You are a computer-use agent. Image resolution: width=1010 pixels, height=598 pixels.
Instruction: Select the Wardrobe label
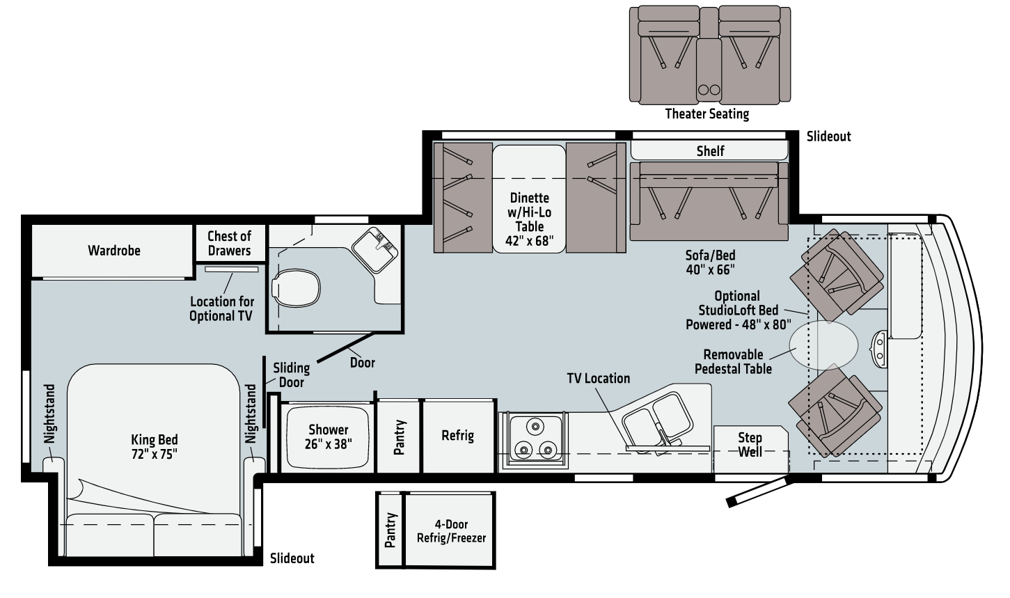click(x=113, y=251)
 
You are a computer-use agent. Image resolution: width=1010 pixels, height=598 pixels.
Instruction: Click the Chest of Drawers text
click(x=229, y=244)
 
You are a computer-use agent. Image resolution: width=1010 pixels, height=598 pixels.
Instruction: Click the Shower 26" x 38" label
click(x=328, y=436)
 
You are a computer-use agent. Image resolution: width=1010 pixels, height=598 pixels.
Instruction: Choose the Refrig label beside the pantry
click(x=457, y=436)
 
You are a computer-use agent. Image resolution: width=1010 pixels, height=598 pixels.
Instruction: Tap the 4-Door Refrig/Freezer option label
click(x=451, y=531)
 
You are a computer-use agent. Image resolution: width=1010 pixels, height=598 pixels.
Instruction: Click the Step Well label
click(x=750, y=444)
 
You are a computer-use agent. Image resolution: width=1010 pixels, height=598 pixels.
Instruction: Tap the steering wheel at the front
click(x=880, y=346)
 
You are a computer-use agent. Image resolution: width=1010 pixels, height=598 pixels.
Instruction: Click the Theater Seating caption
click(x=707, y=114)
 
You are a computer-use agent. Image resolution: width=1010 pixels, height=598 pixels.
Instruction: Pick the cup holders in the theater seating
click(x=708, y=89)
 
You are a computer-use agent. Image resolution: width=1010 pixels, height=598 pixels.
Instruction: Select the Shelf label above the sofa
click(x=710, y=151)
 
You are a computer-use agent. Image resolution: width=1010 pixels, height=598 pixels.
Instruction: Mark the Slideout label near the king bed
click(x=292, y=558)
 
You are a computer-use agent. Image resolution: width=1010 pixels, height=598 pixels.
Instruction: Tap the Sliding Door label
click(x=291, y=375)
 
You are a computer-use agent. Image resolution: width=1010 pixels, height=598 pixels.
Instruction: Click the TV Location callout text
click(x=598, y=379)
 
